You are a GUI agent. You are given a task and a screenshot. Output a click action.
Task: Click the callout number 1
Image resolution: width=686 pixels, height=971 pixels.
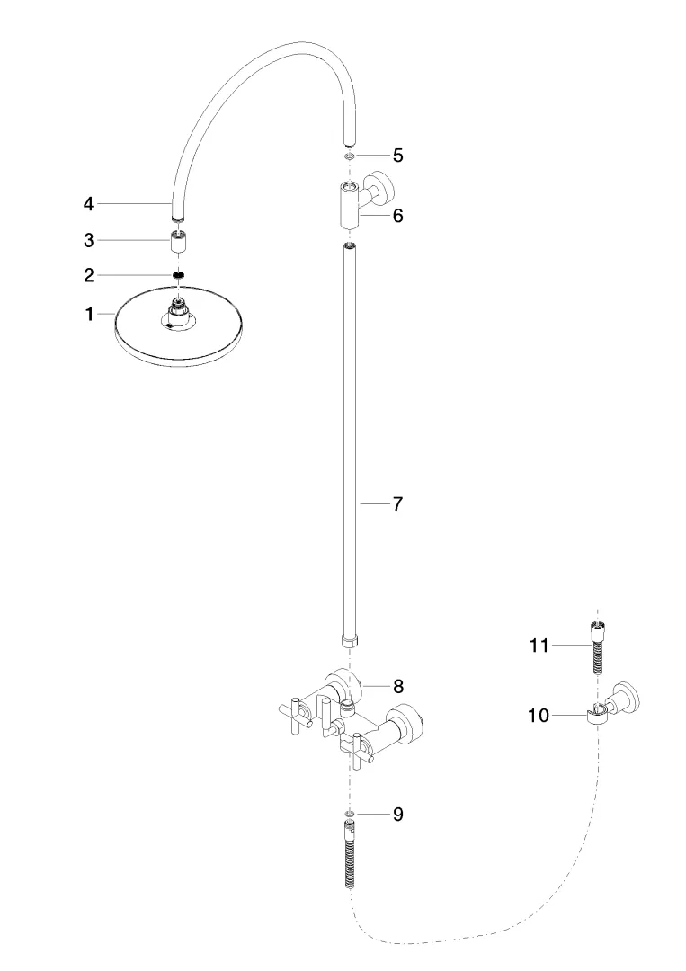pos(88,315)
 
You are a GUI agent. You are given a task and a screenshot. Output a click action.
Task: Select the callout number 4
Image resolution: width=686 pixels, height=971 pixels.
pos(88,204)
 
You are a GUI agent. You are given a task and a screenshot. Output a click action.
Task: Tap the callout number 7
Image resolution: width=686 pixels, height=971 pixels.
pos(396,503)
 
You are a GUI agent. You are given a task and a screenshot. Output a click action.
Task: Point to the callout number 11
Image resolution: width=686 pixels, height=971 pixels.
pos(538,645)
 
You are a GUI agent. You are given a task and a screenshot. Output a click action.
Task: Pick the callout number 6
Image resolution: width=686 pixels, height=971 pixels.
pos(396,216)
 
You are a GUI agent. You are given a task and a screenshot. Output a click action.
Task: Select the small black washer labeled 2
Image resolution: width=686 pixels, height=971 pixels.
pos(179,274)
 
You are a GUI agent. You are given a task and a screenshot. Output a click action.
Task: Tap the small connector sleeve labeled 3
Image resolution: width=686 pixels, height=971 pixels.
pos(179,242)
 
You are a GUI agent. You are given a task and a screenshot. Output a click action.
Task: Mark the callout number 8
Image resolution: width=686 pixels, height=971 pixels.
pos(396,686)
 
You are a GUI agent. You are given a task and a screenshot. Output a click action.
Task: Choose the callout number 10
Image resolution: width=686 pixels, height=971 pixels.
pos(538,716)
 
